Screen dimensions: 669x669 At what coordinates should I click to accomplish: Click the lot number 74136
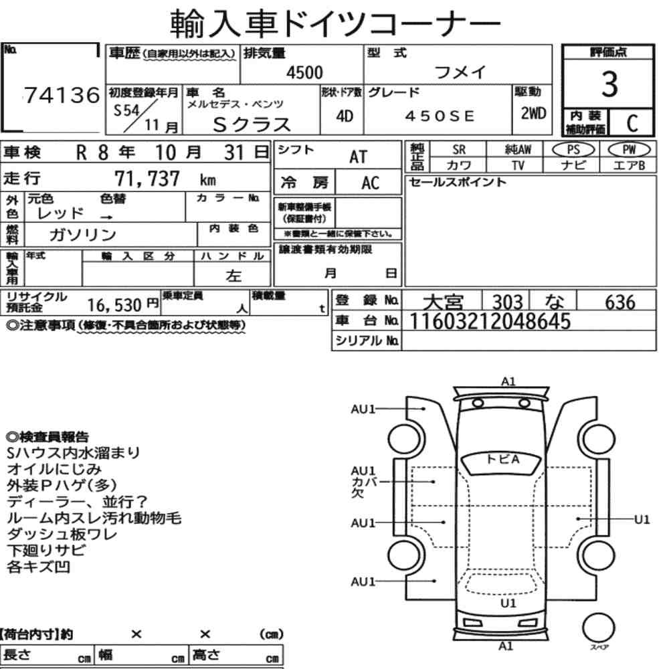tap(62, 95)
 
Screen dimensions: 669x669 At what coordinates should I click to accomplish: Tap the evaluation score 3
tap(609, 84)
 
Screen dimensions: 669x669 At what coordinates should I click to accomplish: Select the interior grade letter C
tap(632, 123)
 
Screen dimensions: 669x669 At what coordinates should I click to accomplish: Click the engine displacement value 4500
tap(304, 72)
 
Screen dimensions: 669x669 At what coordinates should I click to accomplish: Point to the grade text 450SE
tap(440, 116)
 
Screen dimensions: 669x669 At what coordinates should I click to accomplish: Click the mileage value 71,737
tap(147, 179)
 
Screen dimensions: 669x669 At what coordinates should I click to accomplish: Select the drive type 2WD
tap(533, 113)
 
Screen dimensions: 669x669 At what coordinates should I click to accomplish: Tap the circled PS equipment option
tap(573, 150)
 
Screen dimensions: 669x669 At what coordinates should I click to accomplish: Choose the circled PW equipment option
tap(629, 150)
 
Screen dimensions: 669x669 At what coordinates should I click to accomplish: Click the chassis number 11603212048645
tap(490, 321)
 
